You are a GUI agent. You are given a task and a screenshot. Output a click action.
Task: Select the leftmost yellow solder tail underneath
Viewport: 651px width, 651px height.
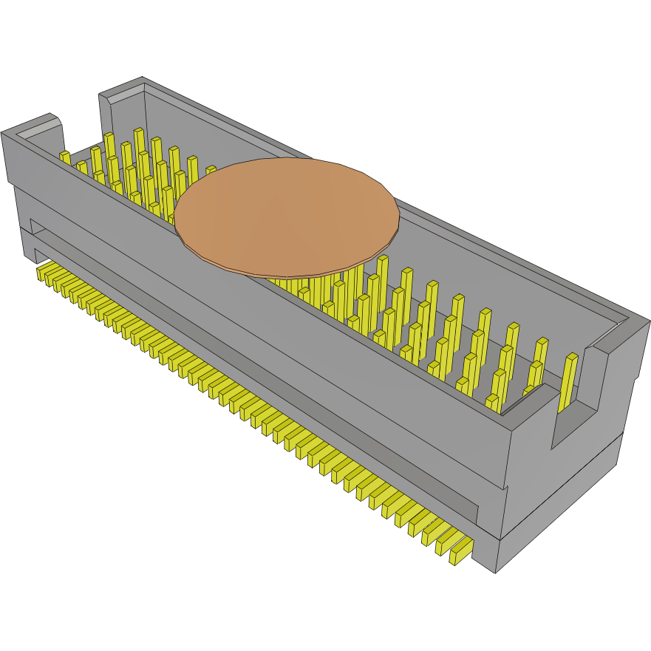coord(42,271)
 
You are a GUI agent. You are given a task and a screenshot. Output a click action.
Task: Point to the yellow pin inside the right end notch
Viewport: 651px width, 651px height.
coord(569,381)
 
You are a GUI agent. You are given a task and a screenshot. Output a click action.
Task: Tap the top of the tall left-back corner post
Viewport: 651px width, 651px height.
coord(122,88)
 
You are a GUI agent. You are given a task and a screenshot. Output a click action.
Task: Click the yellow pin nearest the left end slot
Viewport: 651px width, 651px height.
coord(65,157)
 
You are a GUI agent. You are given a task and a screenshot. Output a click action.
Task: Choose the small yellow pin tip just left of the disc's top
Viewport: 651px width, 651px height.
coord(211,170)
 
